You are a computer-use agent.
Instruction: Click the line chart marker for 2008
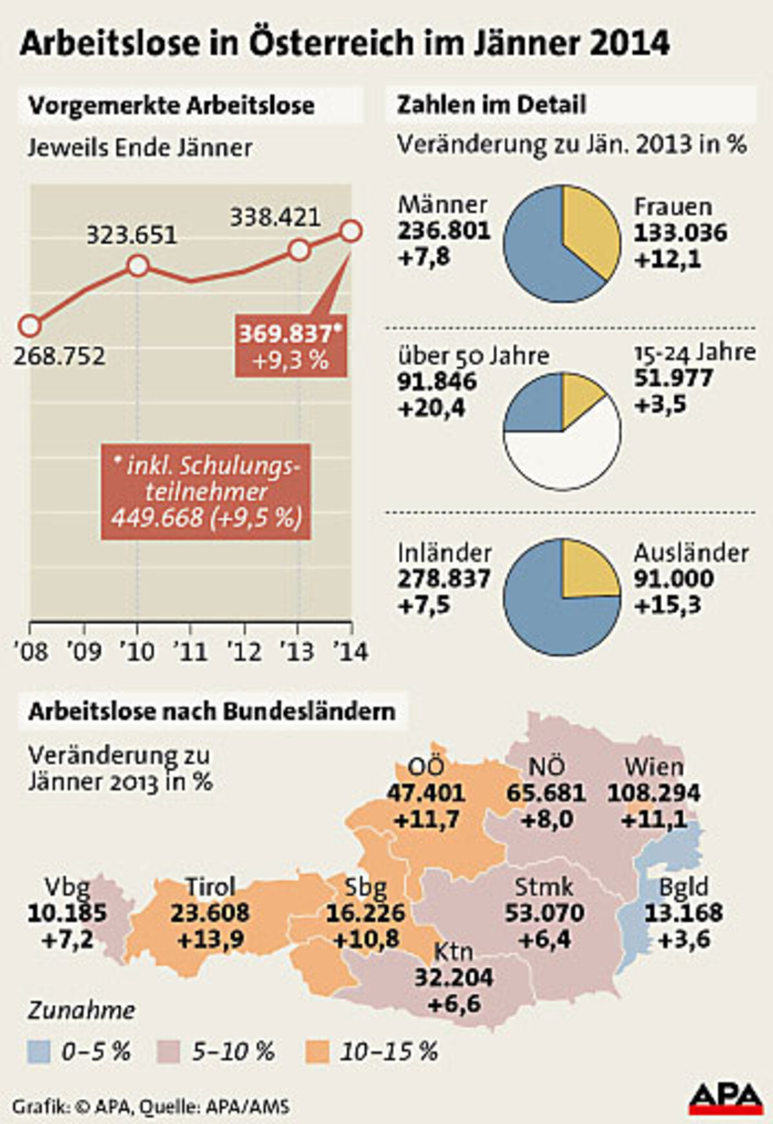(x=29, y=326)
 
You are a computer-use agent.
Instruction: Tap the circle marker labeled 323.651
(x=138, y=265)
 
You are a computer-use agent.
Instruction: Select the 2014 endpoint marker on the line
(x=351, y=231)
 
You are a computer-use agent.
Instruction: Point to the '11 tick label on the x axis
(x=191, y=652)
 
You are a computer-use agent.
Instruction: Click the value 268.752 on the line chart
(x=60, y=355)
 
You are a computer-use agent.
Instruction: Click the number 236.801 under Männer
(x=444, y=231)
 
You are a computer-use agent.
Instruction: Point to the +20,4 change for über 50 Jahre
(x=432, y=408)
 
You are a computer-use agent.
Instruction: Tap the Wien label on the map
(x=653, y=767)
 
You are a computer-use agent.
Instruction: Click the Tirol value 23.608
(x=210, y=913)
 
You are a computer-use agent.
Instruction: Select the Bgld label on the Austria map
(x=683, y=887)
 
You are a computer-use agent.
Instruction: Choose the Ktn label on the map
(x=453, y=951)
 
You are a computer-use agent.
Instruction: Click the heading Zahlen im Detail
(x=491, y=105)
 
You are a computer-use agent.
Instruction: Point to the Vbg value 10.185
(x=67, y=913)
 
